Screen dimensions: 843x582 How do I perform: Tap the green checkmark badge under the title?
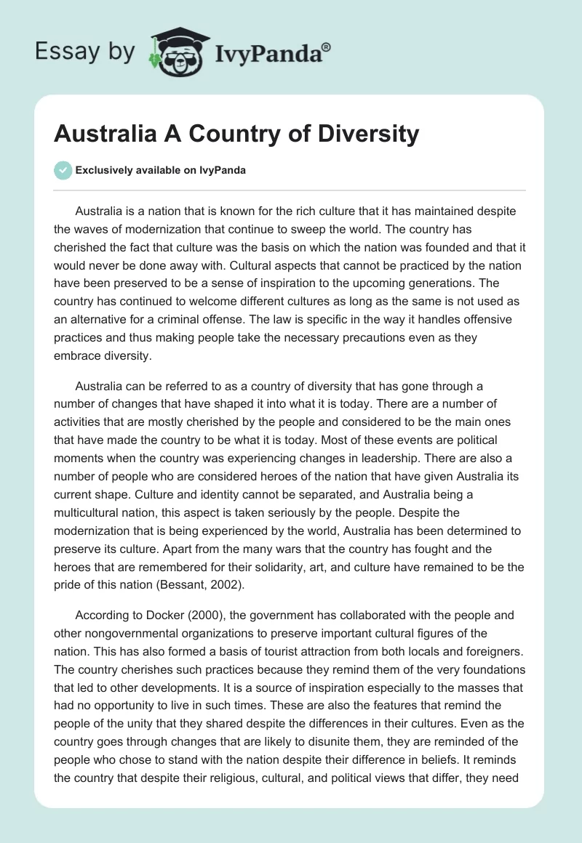pyautogui.click(x=63, y=170)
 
